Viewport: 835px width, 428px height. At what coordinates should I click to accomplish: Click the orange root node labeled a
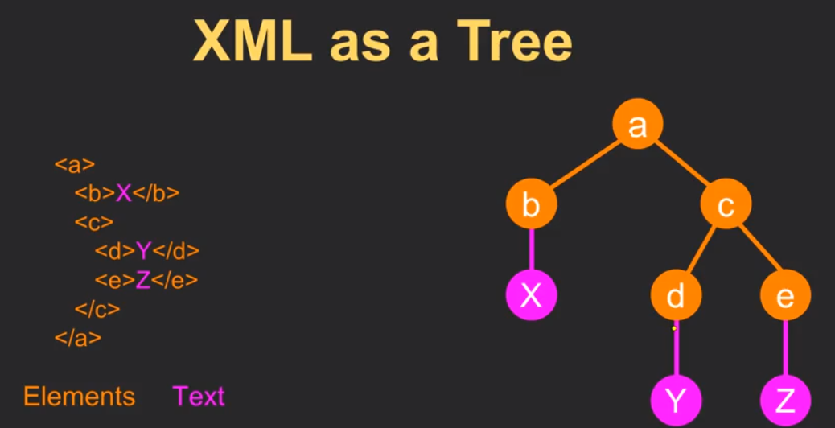tap(637, 125)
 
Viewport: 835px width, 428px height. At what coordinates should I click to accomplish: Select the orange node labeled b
tap(532, 204)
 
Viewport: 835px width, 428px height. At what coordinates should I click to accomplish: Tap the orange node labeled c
tap(726, 204)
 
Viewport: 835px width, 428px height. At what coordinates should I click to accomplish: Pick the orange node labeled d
tap(677, 295)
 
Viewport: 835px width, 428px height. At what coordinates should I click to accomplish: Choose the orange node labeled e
tap(785, 295)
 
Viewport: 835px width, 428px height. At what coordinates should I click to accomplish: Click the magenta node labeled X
tap(532, 295)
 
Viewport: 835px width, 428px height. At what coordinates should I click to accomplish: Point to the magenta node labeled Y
tap(677, 401)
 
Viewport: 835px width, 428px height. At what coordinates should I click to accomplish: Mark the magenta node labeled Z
tap(785, 401)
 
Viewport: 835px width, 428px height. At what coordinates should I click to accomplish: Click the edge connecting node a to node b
tap(585, 164)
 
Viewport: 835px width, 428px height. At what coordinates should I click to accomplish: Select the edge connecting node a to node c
tap(682, 164)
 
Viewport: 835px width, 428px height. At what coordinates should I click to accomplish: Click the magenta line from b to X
tap(532, 249)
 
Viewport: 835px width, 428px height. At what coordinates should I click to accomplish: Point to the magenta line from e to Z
tap(785, 348)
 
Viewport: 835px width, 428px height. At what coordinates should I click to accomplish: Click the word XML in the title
tap(252, 42)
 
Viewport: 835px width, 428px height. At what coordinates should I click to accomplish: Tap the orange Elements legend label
tap(80, 397)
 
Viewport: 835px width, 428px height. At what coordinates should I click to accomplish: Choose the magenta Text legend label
tap(199, 397)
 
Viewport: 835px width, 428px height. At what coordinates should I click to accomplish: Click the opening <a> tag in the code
tap(75, 165)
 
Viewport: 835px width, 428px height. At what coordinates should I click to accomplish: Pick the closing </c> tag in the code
tap(97, 309)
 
